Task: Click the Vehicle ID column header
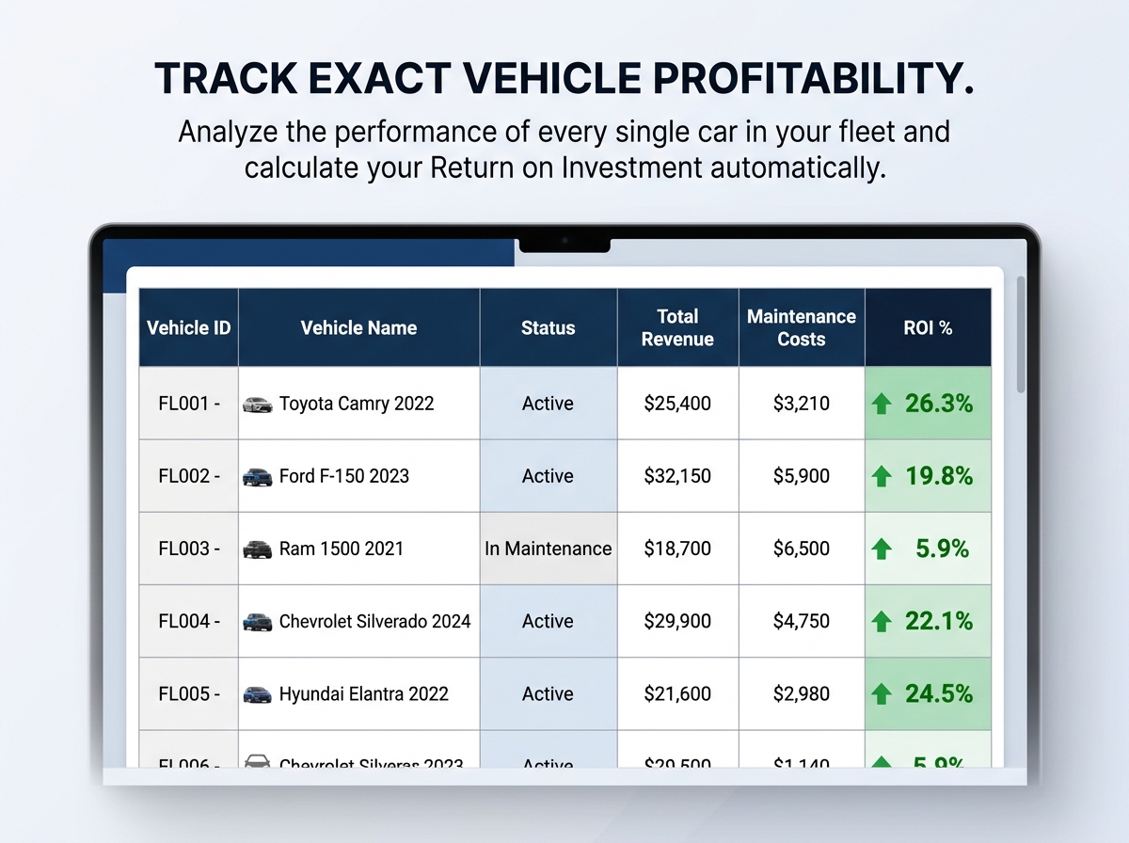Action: tap(188, 328)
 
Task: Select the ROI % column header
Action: tap(928, 328)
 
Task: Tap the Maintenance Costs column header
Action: tap(802, 327)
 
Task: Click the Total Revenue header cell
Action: tap(677, 327)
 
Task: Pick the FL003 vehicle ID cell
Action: tap(188, 549)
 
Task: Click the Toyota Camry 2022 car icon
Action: tap(257, 405)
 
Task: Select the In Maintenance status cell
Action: tap(549, 549)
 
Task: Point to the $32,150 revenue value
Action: tap(677, 476)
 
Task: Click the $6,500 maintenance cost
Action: tap(802, 549)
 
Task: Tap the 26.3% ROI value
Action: tap(938, 404)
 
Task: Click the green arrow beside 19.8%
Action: tap(882, 477)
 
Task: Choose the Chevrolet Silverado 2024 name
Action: tap(374, 621)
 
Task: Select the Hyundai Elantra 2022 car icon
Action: tap(257, 694)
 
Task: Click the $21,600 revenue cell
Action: tap(677, 693)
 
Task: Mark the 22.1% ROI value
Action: tap(938, 621)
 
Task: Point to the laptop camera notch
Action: tap(564, 244)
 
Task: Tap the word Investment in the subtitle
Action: tap(631, 168)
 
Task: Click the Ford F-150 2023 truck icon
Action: tap(257, 476)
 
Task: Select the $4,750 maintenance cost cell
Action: tap(802, 621)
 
